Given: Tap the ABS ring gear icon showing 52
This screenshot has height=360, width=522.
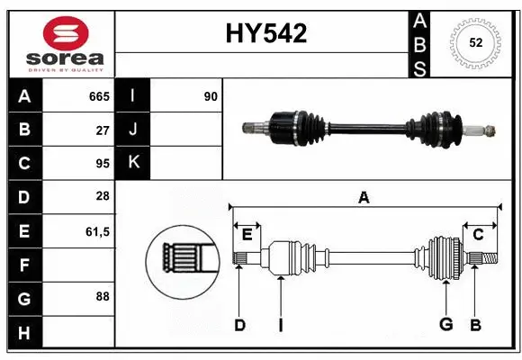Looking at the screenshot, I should [x=473, y=42].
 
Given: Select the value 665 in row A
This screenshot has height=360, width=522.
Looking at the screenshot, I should [x=98, y=96].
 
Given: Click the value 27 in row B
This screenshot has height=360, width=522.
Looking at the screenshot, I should [x=102, y=130].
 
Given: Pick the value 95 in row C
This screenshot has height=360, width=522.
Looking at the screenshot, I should [x=102, y=164].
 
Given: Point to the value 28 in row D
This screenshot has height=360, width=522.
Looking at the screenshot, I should [x=102, y=197].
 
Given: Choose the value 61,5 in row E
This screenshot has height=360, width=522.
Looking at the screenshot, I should [x=97, y=231].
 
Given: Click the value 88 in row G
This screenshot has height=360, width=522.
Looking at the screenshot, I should [x=102, y=295].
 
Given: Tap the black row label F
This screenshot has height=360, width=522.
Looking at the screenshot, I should [x=24, y=265].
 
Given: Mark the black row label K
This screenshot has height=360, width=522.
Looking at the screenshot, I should [x=133, y=163].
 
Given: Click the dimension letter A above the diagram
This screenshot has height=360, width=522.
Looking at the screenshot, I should [x=364, y=198].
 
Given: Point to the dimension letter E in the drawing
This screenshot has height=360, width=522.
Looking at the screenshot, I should [x=247, y=234].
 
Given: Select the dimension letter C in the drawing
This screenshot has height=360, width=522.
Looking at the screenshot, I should [x=478, y=234].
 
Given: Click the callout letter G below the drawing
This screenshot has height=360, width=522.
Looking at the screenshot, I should [x=445, y=325].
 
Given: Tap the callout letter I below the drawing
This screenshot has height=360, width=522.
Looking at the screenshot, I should [x=280, y=325].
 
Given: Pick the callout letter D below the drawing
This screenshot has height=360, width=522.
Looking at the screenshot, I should [x=239, y=325].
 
